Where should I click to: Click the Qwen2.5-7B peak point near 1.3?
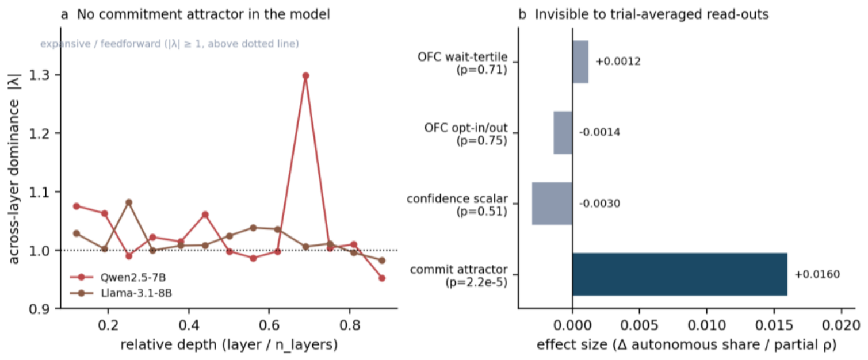[x=306, y=75]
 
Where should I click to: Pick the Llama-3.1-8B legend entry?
[x=121, y=293]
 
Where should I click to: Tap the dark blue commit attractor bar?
[x=680, y=274]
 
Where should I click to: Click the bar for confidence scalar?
[x=552, y=204]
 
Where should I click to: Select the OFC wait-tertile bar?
[x=580, y=62]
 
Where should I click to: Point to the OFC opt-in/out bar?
[x=563, y=132]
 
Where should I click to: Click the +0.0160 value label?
[x=817, y=274]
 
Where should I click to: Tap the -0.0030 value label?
[x=599, y=204]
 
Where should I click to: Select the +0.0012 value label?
[x=618, y=62]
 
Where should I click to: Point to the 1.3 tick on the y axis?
[x=58, y=75]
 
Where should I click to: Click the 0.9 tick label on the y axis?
[x=39, y=309]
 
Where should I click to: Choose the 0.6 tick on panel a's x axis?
[x=269, y=311]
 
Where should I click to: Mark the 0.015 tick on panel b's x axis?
[x=774, y=311]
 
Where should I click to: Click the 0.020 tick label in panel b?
[x=842, y=325]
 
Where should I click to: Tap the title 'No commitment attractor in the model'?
[x=204, y=14]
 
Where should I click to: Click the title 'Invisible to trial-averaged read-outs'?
[x=652, y=14]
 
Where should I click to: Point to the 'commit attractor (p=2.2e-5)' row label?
[x=459, y=275]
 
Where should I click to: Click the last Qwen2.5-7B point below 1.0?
[x=382, y=278]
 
